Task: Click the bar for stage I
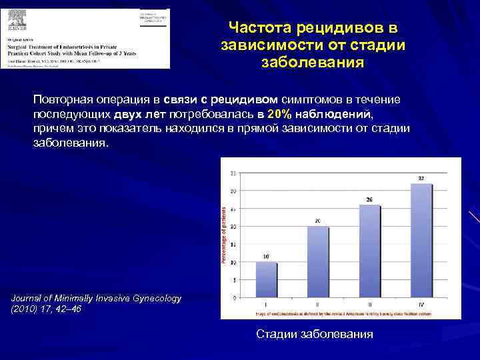pyautogui.click(x=267, y=279)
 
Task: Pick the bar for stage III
pyautogui.click(x=369, y=251)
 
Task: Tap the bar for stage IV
pyautogui.click(x=421, y=240)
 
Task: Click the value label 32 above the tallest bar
pyautogui.click(x=421, y=179)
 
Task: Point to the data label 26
pyautogui.click(x=369, y=199)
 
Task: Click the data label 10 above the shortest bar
pyautogui.click(x=267, y=256)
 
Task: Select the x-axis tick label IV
pyautogui.click(x=421, y=304)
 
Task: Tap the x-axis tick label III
pyautogui.click(x=369, y=304)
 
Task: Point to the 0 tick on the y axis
pyautogui.click(x=232, y=297)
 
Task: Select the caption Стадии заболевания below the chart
pyautogui.click(x=315, y=333)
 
